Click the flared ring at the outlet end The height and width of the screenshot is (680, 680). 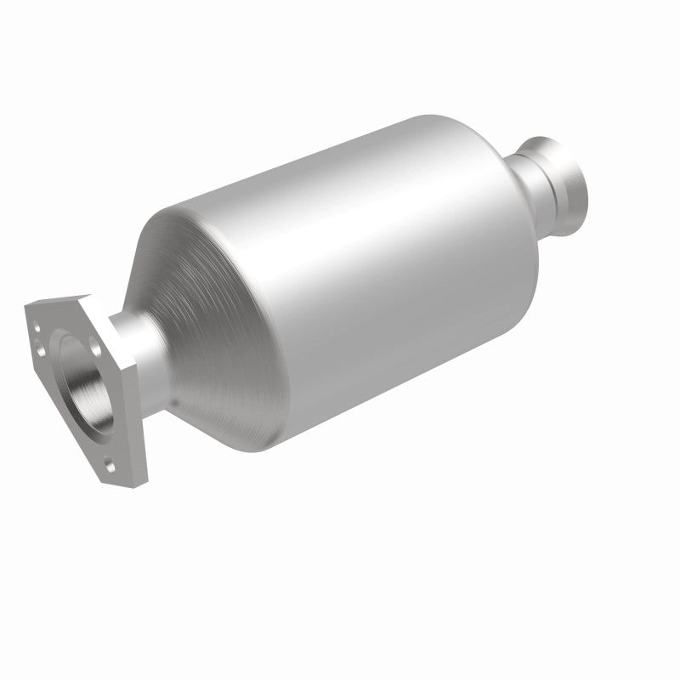coord(568,174)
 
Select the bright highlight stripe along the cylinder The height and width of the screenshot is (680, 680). coord(340,221)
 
